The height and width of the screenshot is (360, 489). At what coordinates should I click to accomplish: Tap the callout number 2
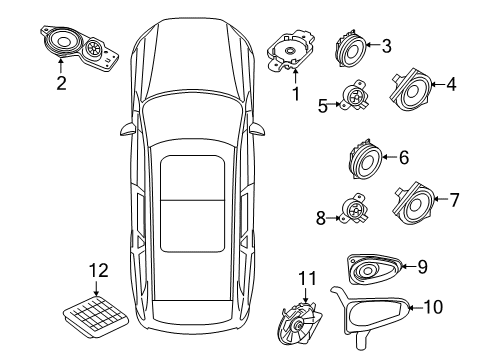(60, 83)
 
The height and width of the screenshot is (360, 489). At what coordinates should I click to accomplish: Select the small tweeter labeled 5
(355, 98)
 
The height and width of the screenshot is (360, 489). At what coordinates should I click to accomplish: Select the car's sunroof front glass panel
(191, 177)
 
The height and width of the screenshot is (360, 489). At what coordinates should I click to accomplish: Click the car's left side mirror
(126, 128)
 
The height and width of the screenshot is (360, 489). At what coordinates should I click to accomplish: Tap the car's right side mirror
(258, 128)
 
